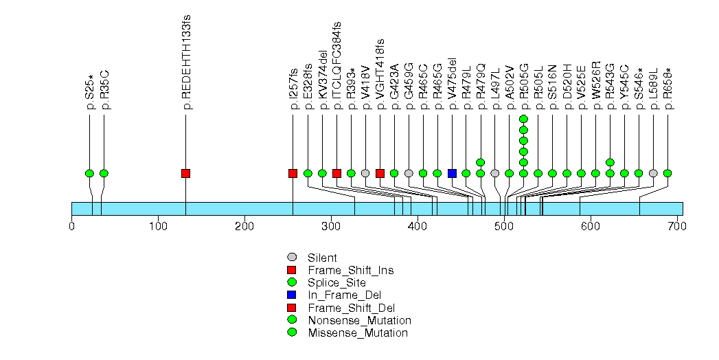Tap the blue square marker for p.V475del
tap(452, 173)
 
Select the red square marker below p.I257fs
tap(293, 173)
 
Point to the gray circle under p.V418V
tap(365, 173)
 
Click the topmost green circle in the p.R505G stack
tap(523, 119)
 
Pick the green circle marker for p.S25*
tap(89, 173)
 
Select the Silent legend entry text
tap(322, 258)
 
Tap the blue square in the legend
tap(292, 295)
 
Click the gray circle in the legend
tap(292, 258)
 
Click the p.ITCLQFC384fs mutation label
tap(337, 66)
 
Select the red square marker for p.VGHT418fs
tap(380, 173)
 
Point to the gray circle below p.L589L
tap(653, 173)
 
